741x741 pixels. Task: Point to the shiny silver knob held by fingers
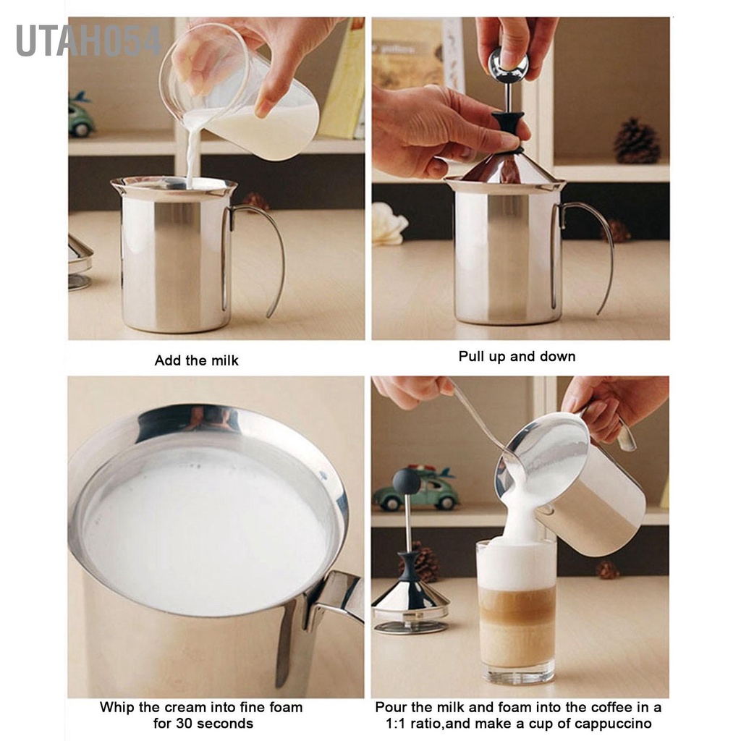pyautogui.click(x=508, y=65)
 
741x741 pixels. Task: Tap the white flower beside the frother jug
pyautogui.click(x=388, y=224)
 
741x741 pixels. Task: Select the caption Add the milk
pyautogui.click(x=196, y=360)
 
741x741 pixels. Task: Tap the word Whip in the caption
pyautogui.click(x=116, y=707)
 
